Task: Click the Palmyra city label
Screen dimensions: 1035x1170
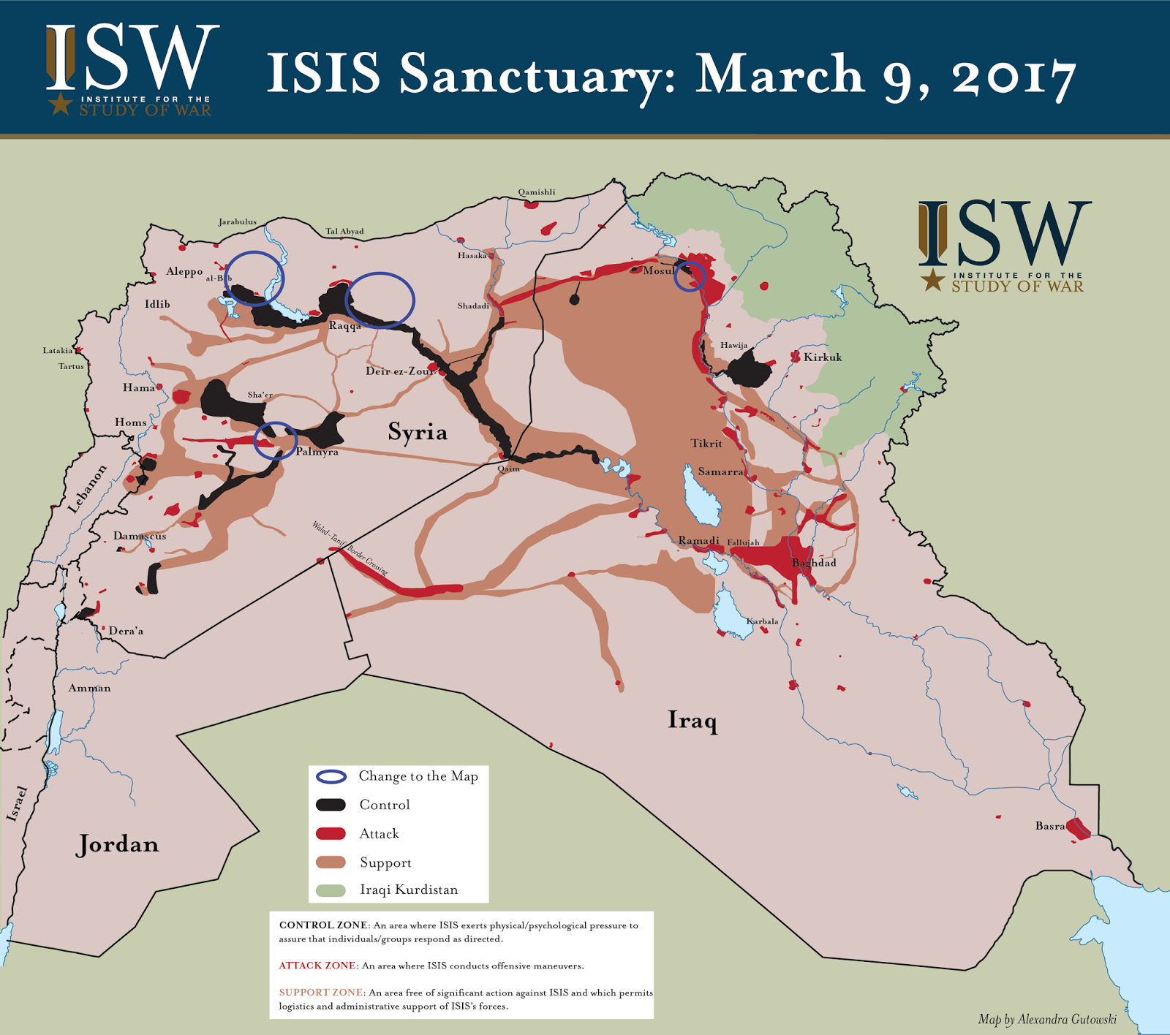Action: point(317,452)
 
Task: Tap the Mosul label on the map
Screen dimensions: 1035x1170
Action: point(658,270)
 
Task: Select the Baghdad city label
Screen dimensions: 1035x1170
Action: point(814,563)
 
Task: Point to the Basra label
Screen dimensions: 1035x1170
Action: point(1049,826)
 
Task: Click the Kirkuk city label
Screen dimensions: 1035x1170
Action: point(823,357)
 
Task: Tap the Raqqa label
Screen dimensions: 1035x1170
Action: point(344,326)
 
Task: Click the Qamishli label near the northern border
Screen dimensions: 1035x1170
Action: point(537,192)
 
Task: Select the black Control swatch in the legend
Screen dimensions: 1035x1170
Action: point(331,805)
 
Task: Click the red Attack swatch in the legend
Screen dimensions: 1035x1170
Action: point(331,834)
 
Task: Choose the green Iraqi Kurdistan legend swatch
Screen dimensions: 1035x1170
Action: point(331,890)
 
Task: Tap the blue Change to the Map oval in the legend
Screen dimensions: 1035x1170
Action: point(331,776)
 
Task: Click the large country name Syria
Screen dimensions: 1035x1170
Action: point(418,432)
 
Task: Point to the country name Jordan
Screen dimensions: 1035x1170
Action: point(118,844)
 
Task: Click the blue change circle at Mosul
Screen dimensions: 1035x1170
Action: point(689,276)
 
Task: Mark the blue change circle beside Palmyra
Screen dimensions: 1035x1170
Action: point(275,441)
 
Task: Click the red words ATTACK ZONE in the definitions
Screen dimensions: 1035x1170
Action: point(317,966)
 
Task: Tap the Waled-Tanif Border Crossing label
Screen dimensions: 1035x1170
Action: point(350,547)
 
